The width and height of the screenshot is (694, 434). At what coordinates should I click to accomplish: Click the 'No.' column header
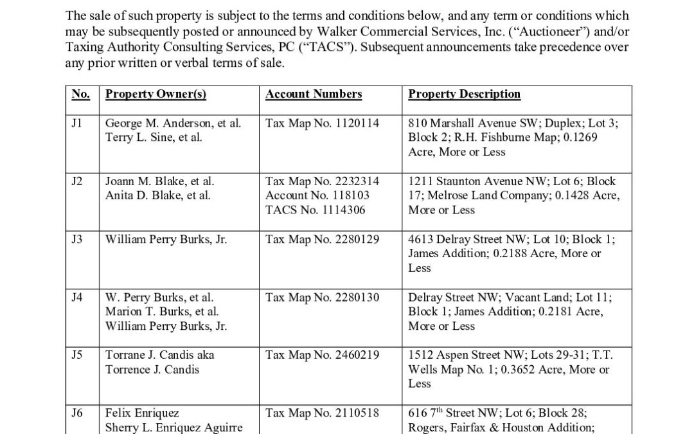point(80,95)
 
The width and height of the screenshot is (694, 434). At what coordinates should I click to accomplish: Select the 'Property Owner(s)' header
point(156,95)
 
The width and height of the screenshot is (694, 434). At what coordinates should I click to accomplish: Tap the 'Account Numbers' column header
point(314,95)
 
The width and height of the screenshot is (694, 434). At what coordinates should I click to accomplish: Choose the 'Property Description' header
point(464,95)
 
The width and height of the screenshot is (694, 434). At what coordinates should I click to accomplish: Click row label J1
point(77,123)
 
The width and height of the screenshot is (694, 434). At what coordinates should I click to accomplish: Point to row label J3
point(77,239)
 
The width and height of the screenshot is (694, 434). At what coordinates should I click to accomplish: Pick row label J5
point(77,355)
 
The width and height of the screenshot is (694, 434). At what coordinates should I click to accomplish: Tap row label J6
point(77,413)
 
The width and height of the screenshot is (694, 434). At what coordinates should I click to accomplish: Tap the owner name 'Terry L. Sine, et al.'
point(154,138)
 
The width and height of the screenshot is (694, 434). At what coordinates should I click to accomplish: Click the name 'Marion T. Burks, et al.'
point(162,312)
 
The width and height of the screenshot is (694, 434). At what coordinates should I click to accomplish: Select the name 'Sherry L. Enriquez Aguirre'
point(174,428)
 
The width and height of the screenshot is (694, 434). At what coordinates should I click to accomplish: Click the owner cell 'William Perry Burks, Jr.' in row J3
point(166,239)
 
